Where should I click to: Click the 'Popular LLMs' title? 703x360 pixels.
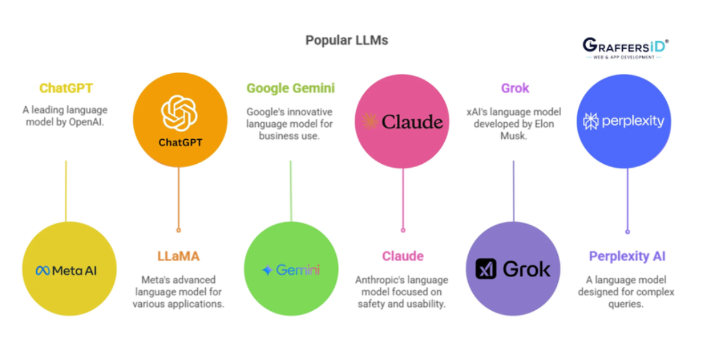tap(346, 40)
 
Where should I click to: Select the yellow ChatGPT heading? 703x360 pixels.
tap(67, 88)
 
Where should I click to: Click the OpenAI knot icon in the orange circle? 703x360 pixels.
tap(179, 113)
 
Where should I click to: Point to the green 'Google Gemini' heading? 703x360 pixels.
tap(291, 88)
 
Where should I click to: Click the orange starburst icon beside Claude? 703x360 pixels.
tap(370, 122)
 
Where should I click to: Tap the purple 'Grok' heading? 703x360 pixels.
tap(515, 88)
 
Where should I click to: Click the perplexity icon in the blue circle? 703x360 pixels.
tap(590, 121)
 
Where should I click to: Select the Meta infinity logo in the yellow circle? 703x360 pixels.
tap(43, 271)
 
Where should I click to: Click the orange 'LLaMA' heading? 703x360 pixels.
tap(179, 256)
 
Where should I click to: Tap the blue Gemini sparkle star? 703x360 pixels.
tap(267, 270)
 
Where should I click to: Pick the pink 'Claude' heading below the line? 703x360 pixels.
tap(403, 256)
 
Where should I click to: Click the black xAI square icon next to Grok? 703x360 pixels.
tap(486, 269)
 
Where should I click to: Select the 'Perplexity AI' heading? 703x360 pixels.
tap(627, 256)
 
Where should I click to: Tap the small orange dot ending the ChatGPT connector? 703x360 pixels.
tap(179, 230)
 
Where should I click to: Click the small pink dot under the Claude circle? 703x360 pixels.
tap(403, 230)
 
